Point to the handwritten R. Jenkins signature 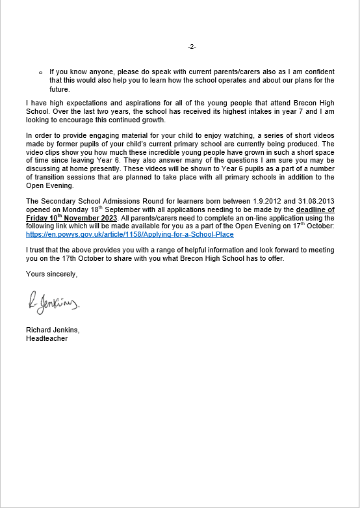click(53, 303)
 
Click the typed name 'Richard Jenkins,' click(52, 330)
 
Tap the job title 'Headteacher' click(46, 338)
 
